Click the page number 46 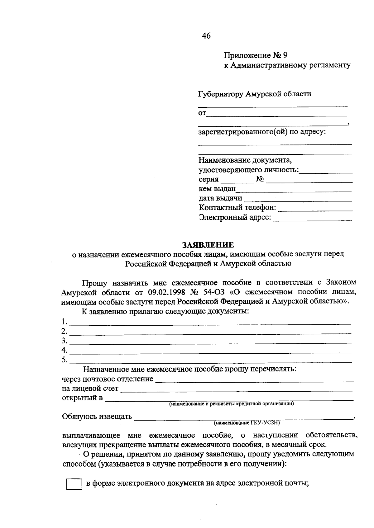pos(206,36)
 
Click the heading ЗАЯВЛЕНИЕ pos(208,245)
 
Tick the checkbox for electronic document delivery pos(74,484)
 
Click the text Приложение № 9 pos(255,55)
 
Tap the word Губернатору pos(220,94)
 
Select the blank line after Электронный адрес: pos(312,219)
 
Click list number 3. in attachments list pos(65,340)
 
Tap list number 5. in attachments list pos(65,360)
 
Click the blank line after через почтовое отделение pos(254,380)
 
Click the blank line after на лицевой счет pos(236,389)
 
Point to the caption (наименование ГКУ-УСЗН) pos(247,423)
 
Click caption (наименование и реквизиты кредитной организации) pos(232,404)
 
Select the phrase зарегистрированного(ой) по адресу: pos(262,132)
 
